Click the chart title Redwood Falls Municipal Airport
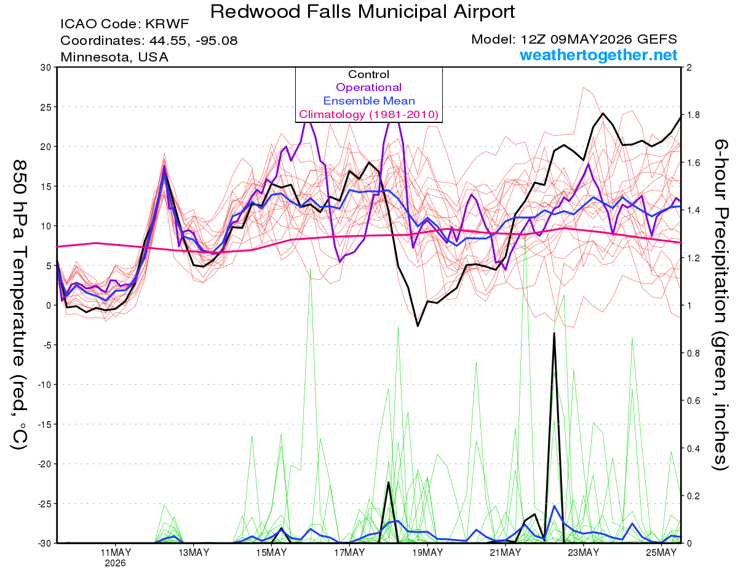pyautogui.click(x=362, y=12)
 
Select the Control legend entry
pyautogui.click(x=368, y=74)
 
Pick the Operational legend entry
pyautogui.click(x=368, y=87)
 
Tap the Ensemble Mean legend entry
pyautogui.click(x=369, y=101)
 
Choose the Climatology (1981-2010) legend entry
pyautogui.click(x=369, y=114)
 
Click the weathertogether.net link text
pyautogui.click(x=598, y=55)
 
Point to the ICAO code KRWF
pyautogui.click(x=167, y=24)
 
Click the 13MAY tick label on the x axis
pyautogui.click(x=194, y=552)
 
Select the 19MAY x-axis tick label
pyautogui.click(x=427, y=552)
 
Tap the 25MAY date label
pyautogui.click(x=661, y=552)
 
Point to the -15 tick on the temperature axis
pyautogui.click(x=44, y=424)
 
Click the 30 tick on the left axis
pyautogui.click(x=46, y=67)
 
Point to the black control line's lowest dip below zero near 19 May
pyautogui.click(x=418, y=326)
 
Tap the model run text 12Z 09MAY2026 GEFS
pyautogui.click(x=599, y=39)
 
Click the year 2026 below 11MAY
pyautogui.click(x=115, y=563)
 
